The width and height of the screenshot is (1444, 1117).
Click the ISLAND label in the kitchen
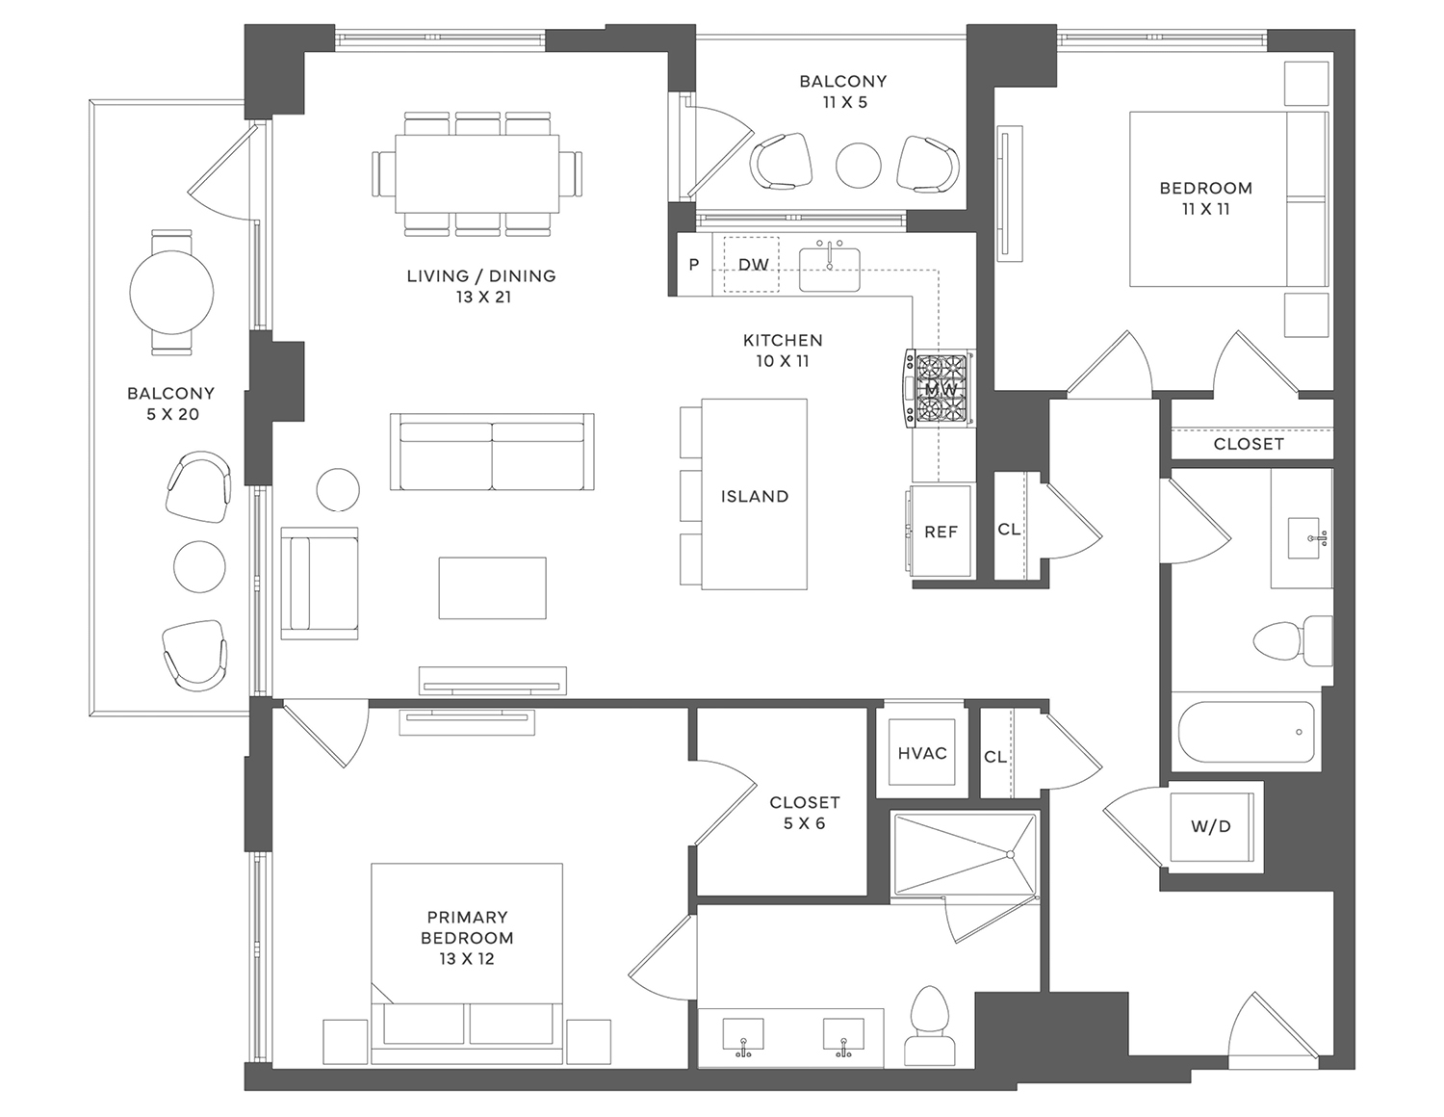coord(754,496)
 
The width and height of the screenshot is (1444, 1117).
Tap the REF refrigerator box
coord(941,532)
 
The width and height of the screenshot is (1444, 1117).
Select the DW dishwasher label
coord(753,264)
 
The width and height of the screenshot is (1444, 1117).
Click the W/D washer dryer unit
coord(1210,826)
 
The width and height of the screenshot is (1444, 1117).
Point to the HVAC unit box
coord(921,753)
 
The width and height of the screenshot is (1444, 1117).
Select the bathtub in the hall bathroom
coord(1246,733)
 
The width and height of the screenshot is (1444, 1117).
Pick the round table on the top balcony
coord(858,165)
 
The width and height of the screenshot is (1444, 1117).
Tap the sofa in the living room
coord(492,453)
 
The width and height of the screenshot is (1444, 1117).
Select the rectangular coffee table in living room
coord(492,587)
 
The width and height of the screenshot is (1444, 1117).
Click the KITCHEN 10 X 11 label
coord(782,351)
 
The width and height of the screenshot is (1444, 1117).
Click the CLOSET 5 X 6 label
coord(804,812)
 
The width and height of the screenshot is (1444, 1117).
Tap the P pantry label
coord(693,265)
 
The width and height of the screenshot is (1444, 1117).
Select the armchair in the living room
coord(320,583)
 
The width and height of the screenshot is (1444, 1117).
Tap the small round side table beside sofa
coord(338,489)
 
